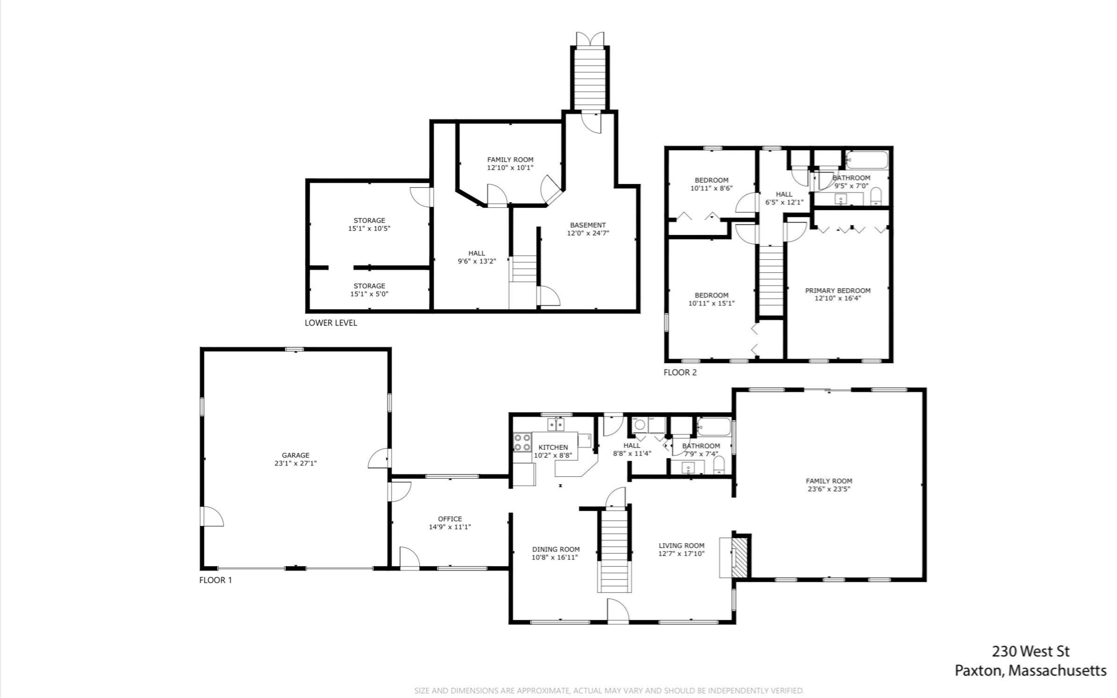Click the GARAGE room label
tap(295, 455)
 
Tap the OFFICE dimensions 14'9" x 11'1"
tap(450, 527)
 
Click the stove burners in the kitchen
tap(522, 442)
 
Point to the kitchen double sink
tap(556, 424)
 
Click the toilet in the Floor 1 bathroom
tap(718, 465)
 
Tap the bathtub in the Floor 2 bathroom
tap(867, 160)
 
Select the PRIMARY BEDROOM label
tap(837, 290)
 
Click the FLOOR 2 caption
tap(680, 372)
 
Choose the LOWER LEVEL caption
tap(331, 322)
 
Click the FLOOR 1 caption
tap(215, 580)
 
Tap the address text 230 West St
tap(1030, 651)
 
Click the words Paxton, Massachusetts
tap(1030, 670)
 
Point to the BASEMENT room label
tap(588, 225)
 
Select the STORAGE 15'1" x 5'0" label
tap(369, 290)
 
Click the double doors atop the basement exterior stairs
tap(589, 39)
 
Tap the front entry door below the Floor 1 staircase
tap(618, 611)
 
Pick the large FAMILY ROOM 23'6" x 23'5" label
tap(828, 485)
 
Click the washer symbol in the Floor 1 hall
tap(639, 425)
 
